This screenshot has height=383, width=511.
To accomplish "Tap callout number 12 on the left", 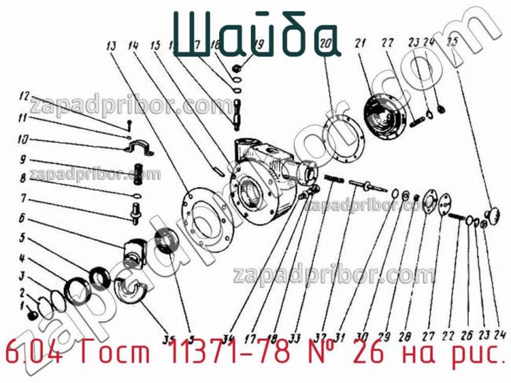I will tap(24, 97).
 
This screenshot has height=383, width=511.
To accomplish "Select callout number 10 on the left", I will tap(22, 139).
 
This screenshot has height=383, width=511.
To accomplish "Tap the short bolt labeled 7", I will tap(136, 211).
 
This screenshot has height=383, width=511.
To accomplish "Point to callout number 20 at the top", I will tap(324, 45).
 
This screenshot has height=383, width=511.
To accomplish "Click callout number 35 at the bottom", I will tap(170, 338).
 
